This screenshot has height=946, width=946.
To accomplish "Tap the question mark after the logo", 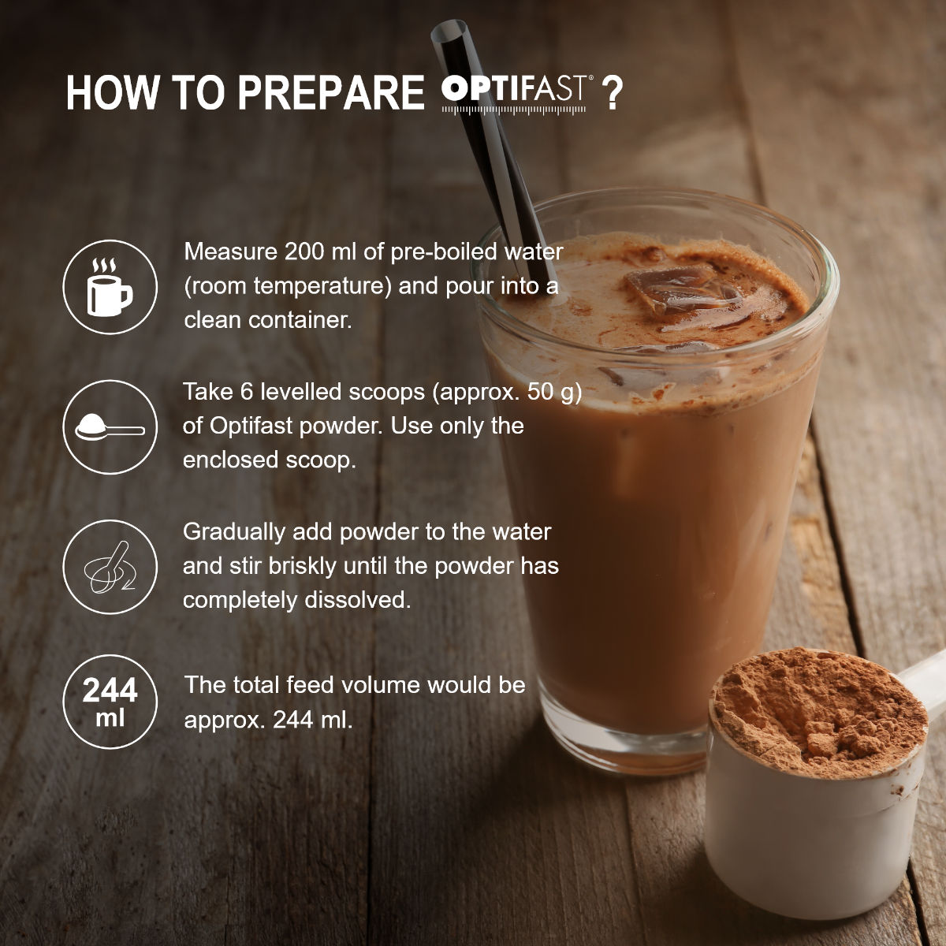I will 612,93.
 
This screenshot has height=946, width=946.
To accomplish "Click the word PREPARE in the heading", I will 330,93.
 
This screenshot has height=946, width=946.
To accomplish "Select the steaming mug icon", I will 110,287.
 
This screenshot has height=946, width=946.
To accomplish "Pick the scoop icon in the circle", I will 110,427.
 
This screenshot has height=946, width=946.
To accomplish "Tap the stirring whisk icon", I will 110,567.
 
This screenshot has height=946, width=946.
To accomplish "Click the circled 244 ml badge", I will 110,701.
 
